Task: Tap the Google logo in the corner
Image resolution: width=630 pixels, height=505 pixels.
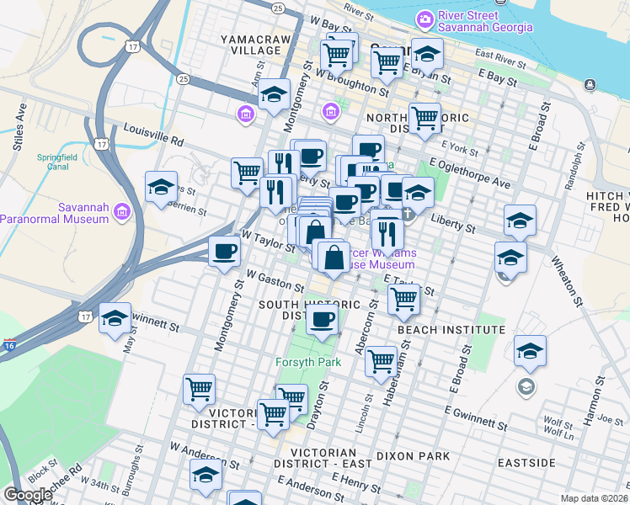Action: coord(28,495)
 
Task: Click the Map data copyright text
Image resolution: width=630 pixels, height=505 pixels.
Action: coord(595,498)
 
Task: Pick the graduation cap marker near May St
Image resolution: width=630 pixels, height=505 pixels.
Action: coord(115,319)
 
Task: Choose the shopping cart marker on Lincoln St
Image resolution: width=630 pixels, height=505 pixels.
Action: coord(382,362)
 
